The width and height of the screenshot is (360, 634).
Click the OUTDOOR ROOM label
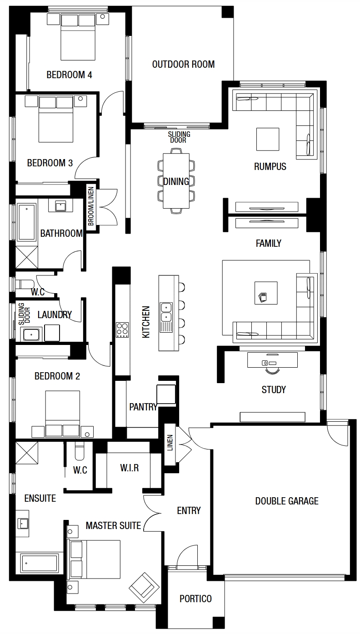click(x=183, y=64)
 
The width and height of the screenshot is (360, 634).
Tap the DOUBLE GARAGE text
click(x=287, y=501)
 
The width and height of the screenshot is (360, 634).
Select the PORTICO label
click(x=195, y=599)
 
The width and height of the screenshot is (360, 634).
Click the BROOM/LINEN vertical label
click(x=90, y=206)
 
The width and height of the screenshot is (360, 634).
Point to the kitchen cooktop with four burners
click(x=122, y=330)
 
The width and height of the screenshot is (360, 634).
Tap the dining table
click(x=176, y=180)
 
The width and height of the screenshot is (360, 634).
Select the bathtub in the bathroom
click(x=27, y=222)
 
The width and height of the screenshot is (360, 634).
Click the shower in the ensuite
click(x=27, y=453)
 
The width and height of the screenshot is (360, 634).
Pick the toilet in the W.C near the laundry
click(x=25, y=284)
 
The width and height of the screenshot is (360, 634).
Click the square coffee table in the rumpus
click(x=268, y=139)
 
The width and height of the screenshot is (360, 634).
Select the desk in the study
click(x=272, y=360)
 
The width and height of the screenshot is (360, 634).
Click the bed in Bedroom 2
click(x=63, y=414)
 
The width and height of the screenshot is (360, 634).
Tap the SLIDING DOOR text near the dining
click(x=179, y=137)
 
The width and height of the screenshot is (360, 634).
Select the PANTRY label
click(x=143, y=407)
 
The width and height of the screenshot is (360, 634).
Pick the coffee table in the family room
click(x=266, y=293)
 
